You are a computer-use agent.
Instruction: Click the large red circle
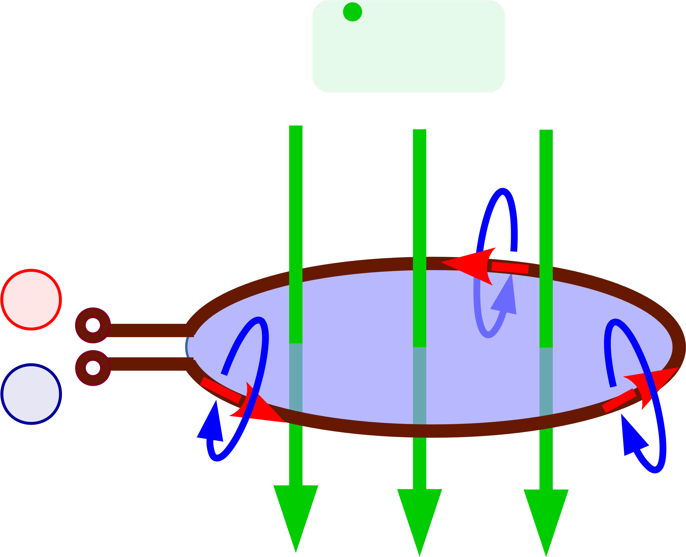point(31,299)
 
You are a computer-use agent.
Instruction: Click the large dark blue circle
point(31,394)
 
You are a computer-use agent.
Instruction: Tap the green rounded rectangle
point(409,47)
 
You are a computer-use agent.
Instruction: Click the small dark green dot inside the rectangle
point(352,12)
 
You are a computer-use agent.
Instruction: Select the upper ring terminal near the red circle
point(93,325)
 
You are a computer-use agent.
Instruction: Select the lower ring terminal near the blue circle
point(93,367)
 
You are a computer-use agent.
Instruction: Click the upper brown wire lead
point(149,330)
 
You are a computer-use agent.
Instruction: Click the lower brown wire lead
point(149,364)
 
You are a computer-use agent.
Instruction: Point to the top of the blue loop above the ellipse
point(503,191)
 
